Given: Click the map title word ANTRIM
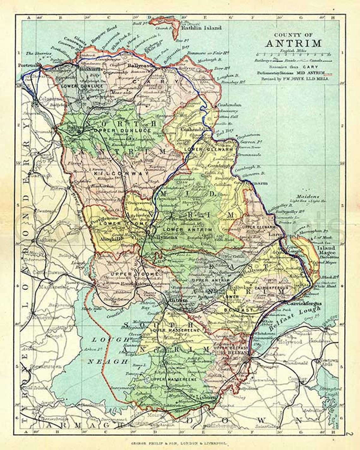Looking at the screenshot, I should [294, 43].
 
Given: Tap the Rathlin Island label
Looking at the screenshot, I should [201, 28].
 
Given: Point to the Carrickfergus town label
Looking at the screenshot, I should [304, 303].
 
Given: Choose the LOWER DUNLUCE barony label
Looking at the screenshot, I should [78, 86].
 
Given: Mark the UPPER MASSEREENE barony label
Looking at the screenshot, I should [174, 379].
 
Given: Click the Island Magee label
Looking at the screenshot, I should [327, 250].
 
